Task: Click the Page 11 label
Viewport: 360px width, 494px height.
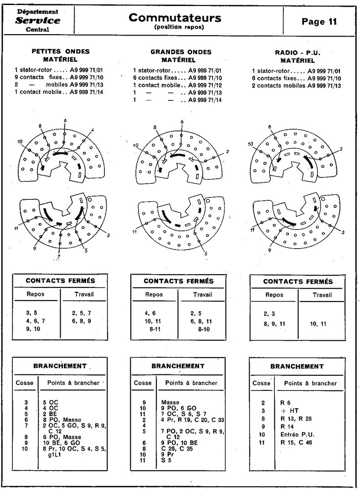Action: pos(319,22)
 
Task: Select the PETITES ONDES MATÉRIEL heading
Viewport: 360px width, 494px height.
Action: pos(60,55)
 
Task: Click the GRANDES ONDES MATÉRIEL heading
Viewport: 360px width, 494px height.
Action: pos(181,56)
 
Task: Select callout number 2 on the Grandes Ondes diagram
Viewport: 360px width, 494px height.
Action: pos(226,151)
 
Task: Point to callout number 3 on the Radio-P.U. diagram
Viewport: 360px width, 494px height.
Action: pos(343,233)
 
